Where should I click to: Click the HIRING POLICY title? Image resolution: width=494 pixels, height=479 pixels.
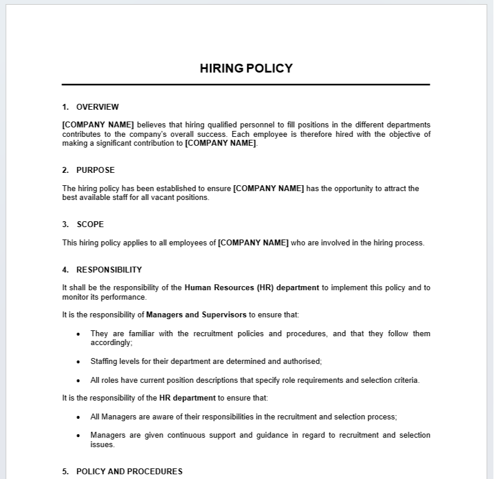pyautogui.click(x=246, y=68)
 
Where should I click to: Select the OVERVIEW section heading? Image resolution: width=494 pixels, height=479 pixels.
pyautogui.click(x=97, y=107)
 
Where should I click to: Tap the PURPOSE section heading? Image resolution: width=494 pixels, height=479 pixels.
pyautogui.click(x=96, y=170)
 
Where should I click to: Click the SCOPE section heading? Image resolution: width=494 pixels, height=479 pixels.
pyautogui.click(x=90, y=224)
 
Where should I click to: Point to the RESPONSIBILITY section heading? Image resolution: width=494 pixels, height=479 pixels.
pyautogui.click(x=109, y=270)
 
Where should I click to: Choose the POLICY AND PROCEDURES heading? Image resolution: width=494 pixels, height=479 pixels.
pyautogui.click(x=129, y=471)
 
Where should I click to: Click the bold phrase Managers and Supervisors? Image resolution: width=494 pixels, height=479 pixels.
pyautogui.click(x=197, y=315)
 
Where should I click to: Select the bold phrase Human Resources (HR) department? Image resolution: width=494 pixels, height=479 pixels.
pyautogui.click(x=252, y=288)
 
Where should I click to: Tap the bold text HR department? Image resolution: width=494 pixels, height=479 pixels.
pyautogui.click(x=188, y=398)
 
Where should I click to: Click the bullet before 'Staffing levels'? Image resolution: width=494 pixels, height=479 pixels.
pyautogui.click(x=78, y=362)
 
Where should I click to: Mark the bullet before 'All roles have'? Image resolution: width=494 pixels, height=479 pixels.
pyautogui.click(x=78, y=380)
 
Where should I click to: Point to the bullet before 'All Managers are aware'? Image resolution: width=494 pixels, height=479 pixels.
pyautogui.click(x=78, y=417)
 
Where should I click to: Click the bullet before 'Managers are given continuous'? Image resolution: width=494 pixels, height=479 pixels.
pyautogui.click(x=78, y=436)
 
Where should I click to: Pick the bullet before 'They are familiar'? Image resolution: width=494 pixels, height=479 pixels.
pyautogui.click(x=78, y=334)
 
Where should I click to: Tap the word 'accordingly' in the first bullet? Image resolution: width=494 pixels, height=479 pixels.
pyautogui.click(x=110, y=342)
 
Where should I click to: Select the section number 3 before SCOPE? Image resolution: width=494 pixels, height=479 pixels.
pyautogui.click(x=64, y=224)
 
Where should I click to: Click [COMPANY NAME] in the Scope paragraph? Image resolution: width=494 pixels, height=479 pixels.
pyautogui.click(x=253, y=242)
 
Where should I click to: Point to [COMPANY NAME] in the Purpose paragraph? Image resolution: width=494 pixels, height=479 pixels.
pyautogui.click(x=269, y=188)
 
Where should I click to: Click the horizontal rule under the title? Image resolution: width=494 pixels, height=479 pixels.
pyautogui.click(x=246, y=85)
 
